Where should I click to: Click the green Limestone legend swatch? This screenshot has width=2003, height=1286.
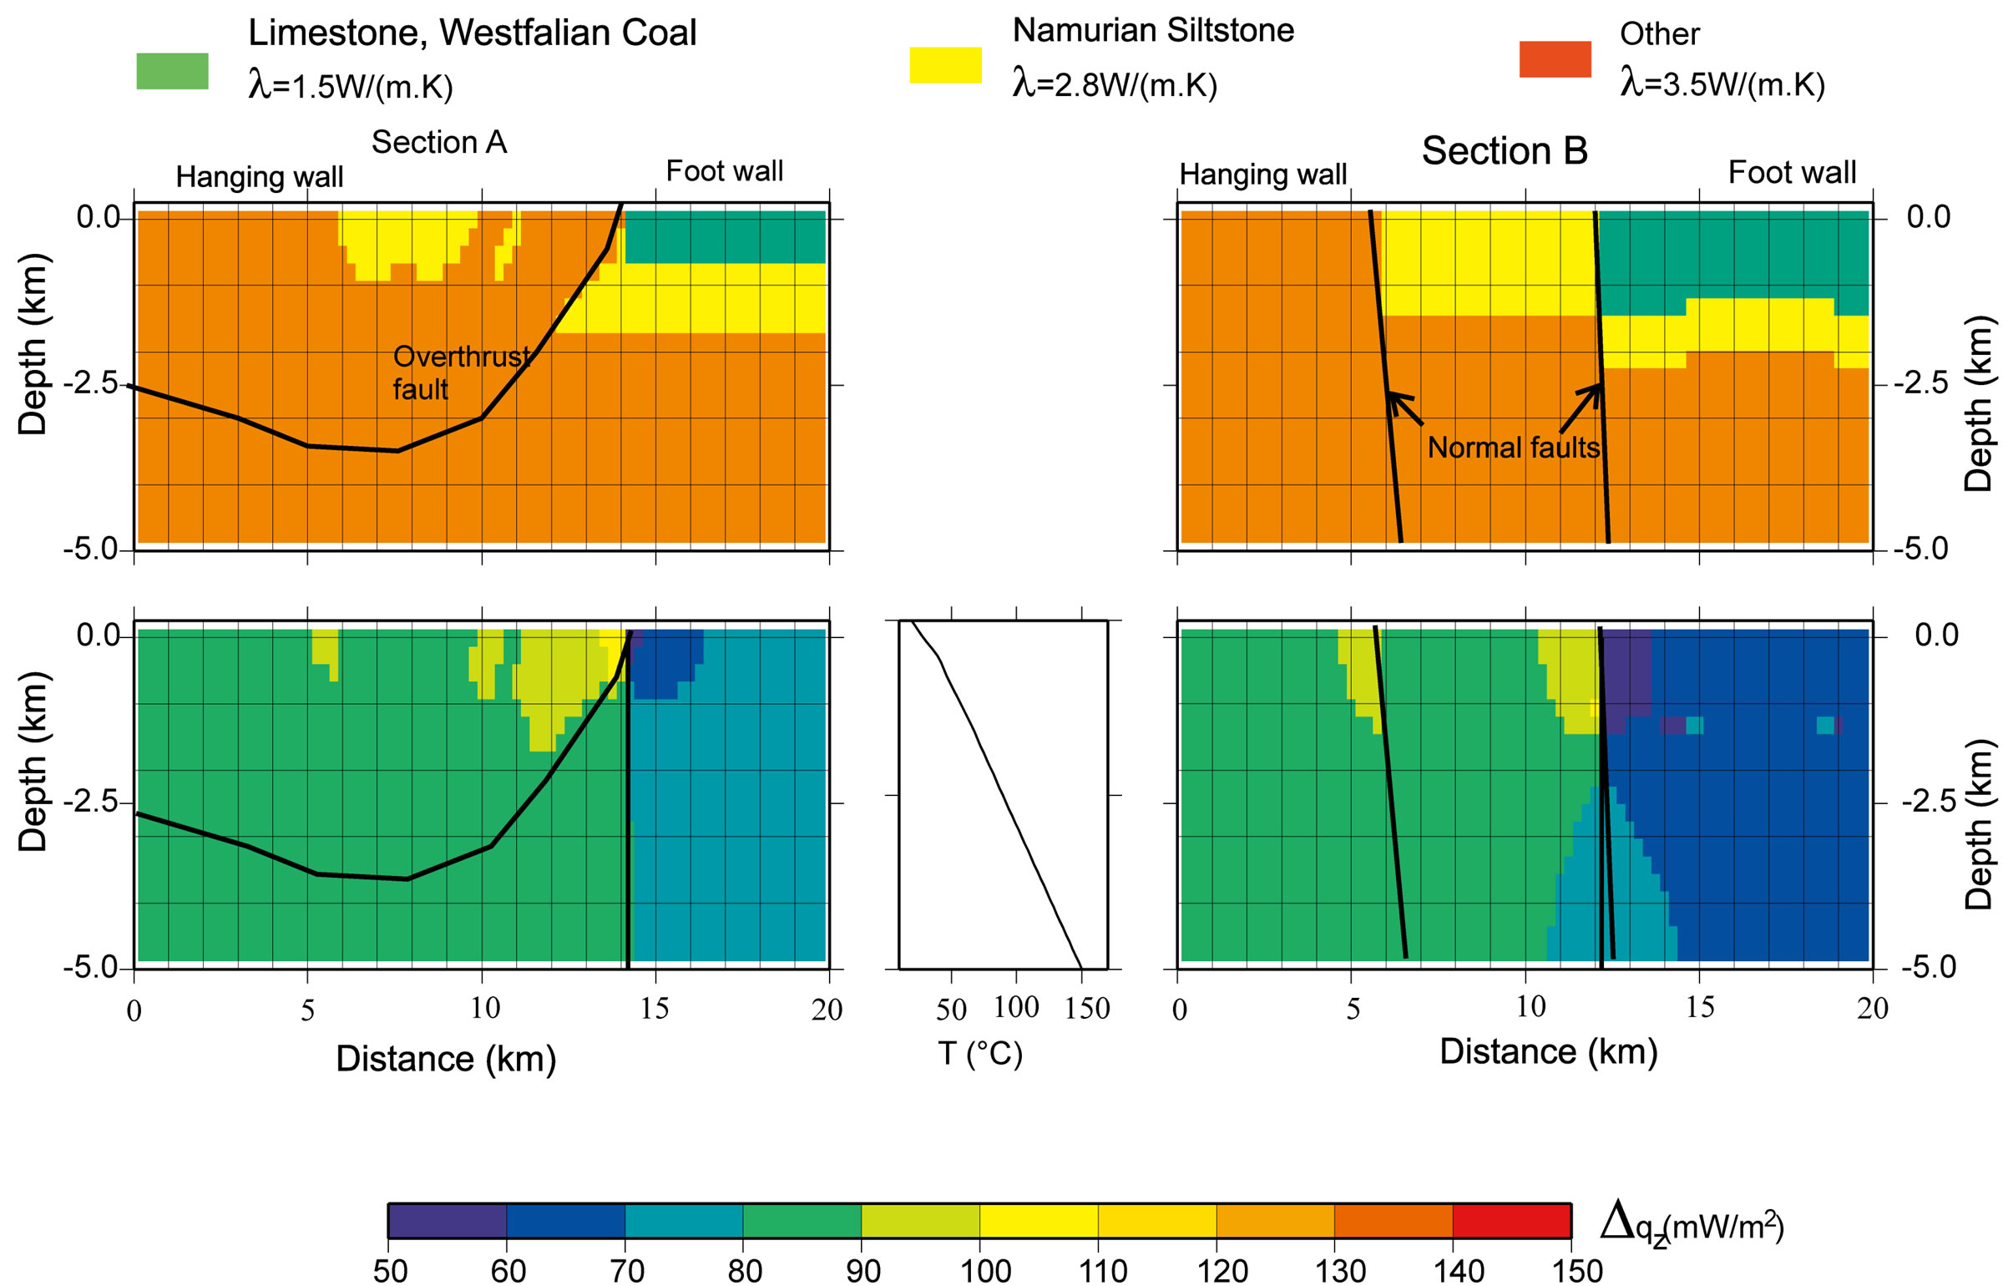[172, 71]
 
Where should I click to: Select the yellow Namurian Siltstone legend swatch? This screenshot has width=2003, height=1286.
[944, 65]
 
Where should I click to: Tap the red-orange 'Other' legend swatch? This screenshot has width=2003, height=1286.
[1555, 59]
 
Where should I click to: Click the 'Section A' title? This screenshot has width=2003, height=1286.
[439, 143]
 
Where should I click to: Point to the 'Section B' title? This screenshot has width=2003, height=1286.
[1504, 151]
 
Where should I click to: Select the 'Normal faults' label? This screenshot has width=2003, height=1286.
[1513, 448]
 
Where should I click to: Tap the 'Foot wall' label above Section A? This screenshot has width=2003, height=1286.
[724, 171]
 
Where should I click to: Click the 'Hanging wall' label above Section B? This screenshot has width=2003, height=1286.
[1262, 175]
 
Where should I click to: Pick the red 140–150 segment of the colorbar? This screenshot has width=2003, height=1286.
[1511, 1221]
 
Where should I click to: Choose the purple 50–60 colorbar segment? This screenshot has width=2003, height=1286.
[448, 1221]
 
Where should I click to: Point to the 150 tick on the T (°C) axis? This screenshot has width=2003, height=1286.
[1086, 1009]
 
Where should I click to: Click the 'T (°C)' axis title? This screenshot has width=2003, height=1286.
[980, 1054]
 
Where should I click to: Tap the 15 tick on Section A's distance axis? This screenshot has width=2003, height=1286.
[655, 1009]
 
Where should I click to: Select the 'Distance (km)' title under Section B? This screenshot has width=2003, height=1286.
[1548, 1051]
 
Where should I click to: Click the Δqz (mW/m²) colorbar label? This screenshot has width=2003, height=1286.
[1692, 1225]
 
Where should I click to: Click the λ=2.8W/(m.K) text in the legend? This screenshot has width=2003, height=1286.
[1115, 84]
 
